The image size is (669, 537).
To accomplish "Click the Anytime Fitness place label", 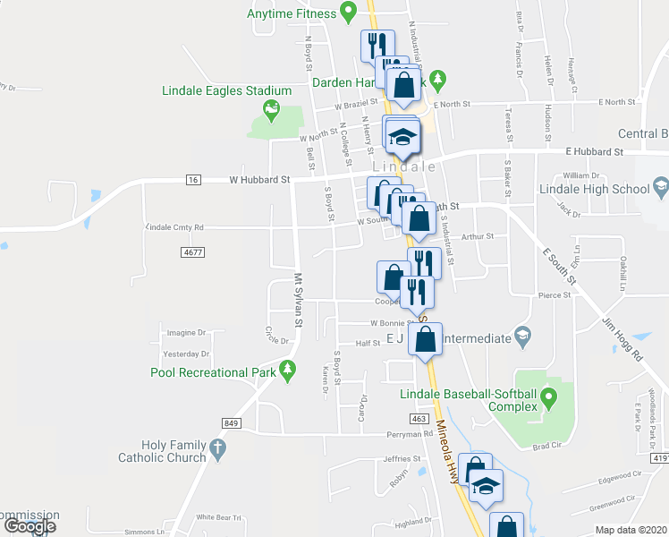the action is point(291,13).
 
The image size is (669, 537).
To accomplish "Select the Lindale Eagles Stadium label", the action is point(227,90).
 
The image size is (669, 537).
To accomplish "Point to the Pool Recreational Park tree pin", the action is point(287,370).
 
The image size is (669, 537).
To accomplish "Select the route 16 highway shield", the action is point(193,180).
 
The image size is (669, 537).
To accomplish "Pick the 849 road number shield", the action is point(231,422).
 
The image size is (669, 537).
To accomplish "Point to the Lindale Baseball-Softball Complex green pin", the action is point(548,395).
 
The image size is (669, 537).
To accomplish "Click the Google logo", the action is point(29,525).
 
